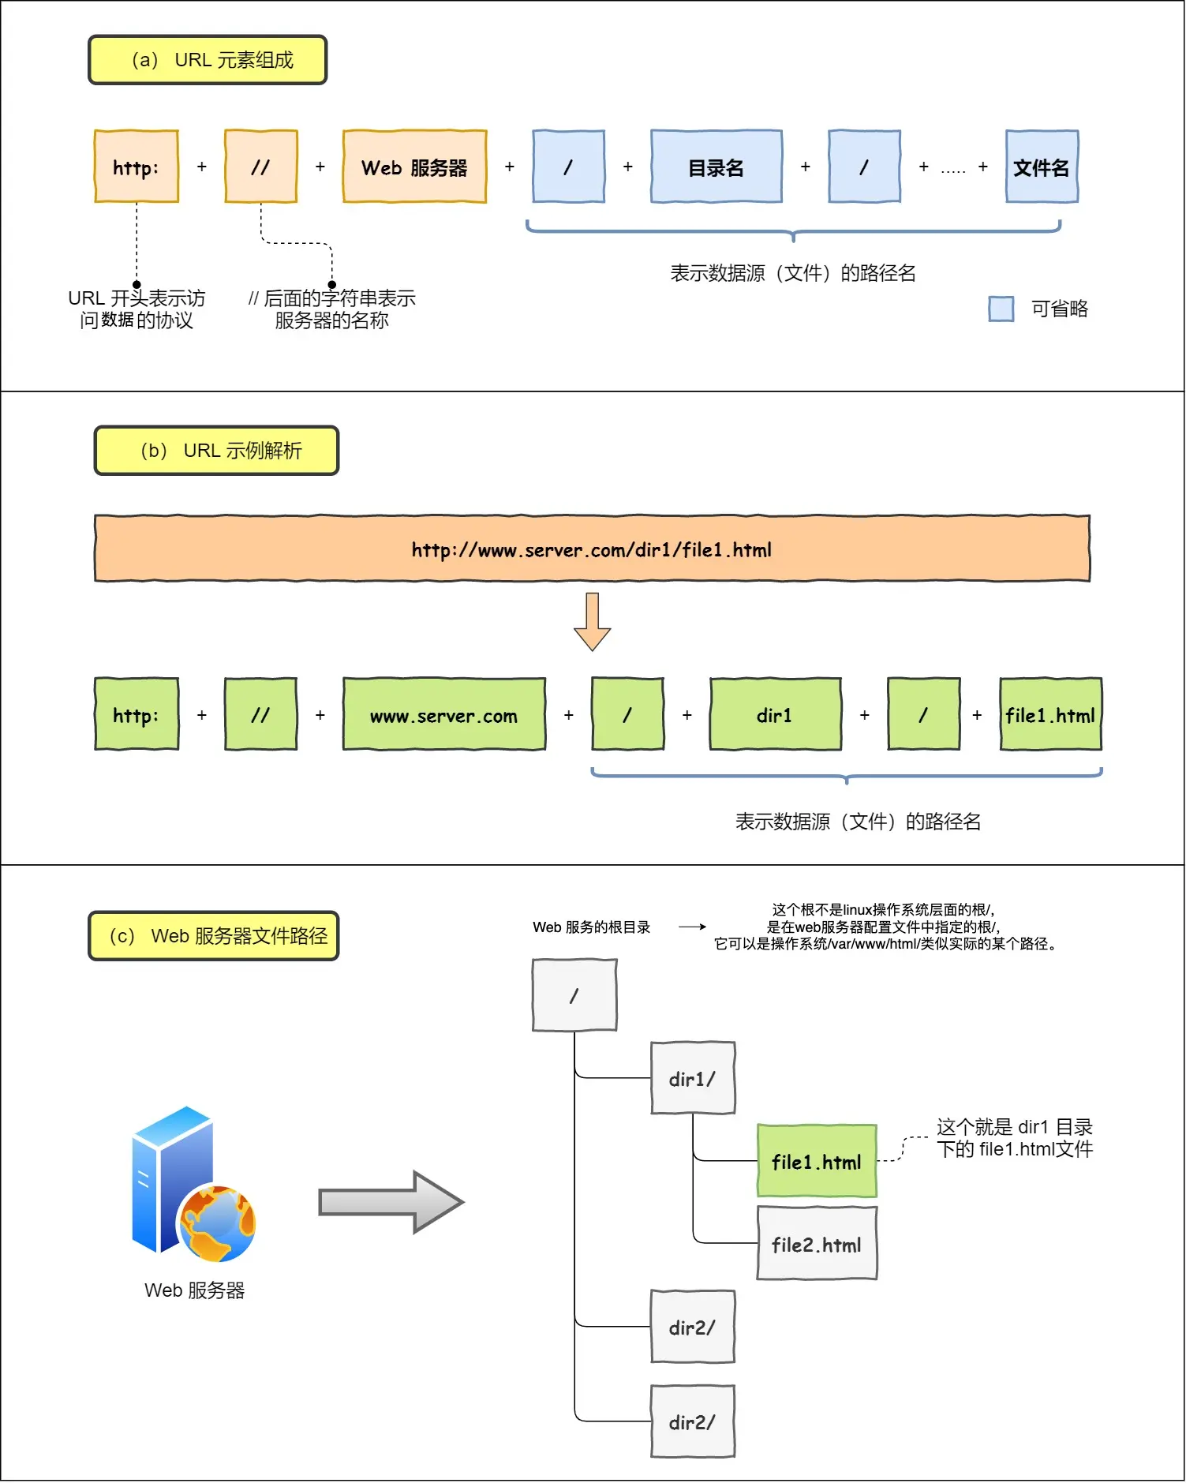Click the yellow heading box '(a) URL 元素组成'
point(208,60)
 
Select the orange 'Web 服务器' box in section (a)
point(414,167)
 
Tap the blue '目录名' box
point(716,167)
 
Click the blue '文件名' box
point(1042,167)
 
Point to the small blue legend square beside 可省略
point(1001,309)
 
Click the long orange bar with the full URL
point(592,549)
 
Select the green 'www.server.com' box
point(443,715)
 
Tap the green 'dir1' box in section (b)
point(775,715)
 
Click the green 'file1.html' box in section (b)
point(1050,715)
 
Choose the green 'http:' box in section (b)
point(137,715)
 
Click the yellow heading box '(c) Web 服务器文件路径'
point(214,936)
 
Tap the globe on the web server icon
point(218,1223)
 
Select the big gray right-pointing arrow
point(391,1202)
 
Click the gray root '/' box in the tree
point(574,995)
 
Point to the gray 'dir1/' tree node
point(693,1078)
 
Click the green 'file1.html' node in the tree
point(817,1161)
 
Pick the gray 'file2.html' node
point(817,1244)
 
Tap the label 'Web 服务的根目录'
point(591,927)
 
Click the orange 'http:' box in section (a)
point(137,167)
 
